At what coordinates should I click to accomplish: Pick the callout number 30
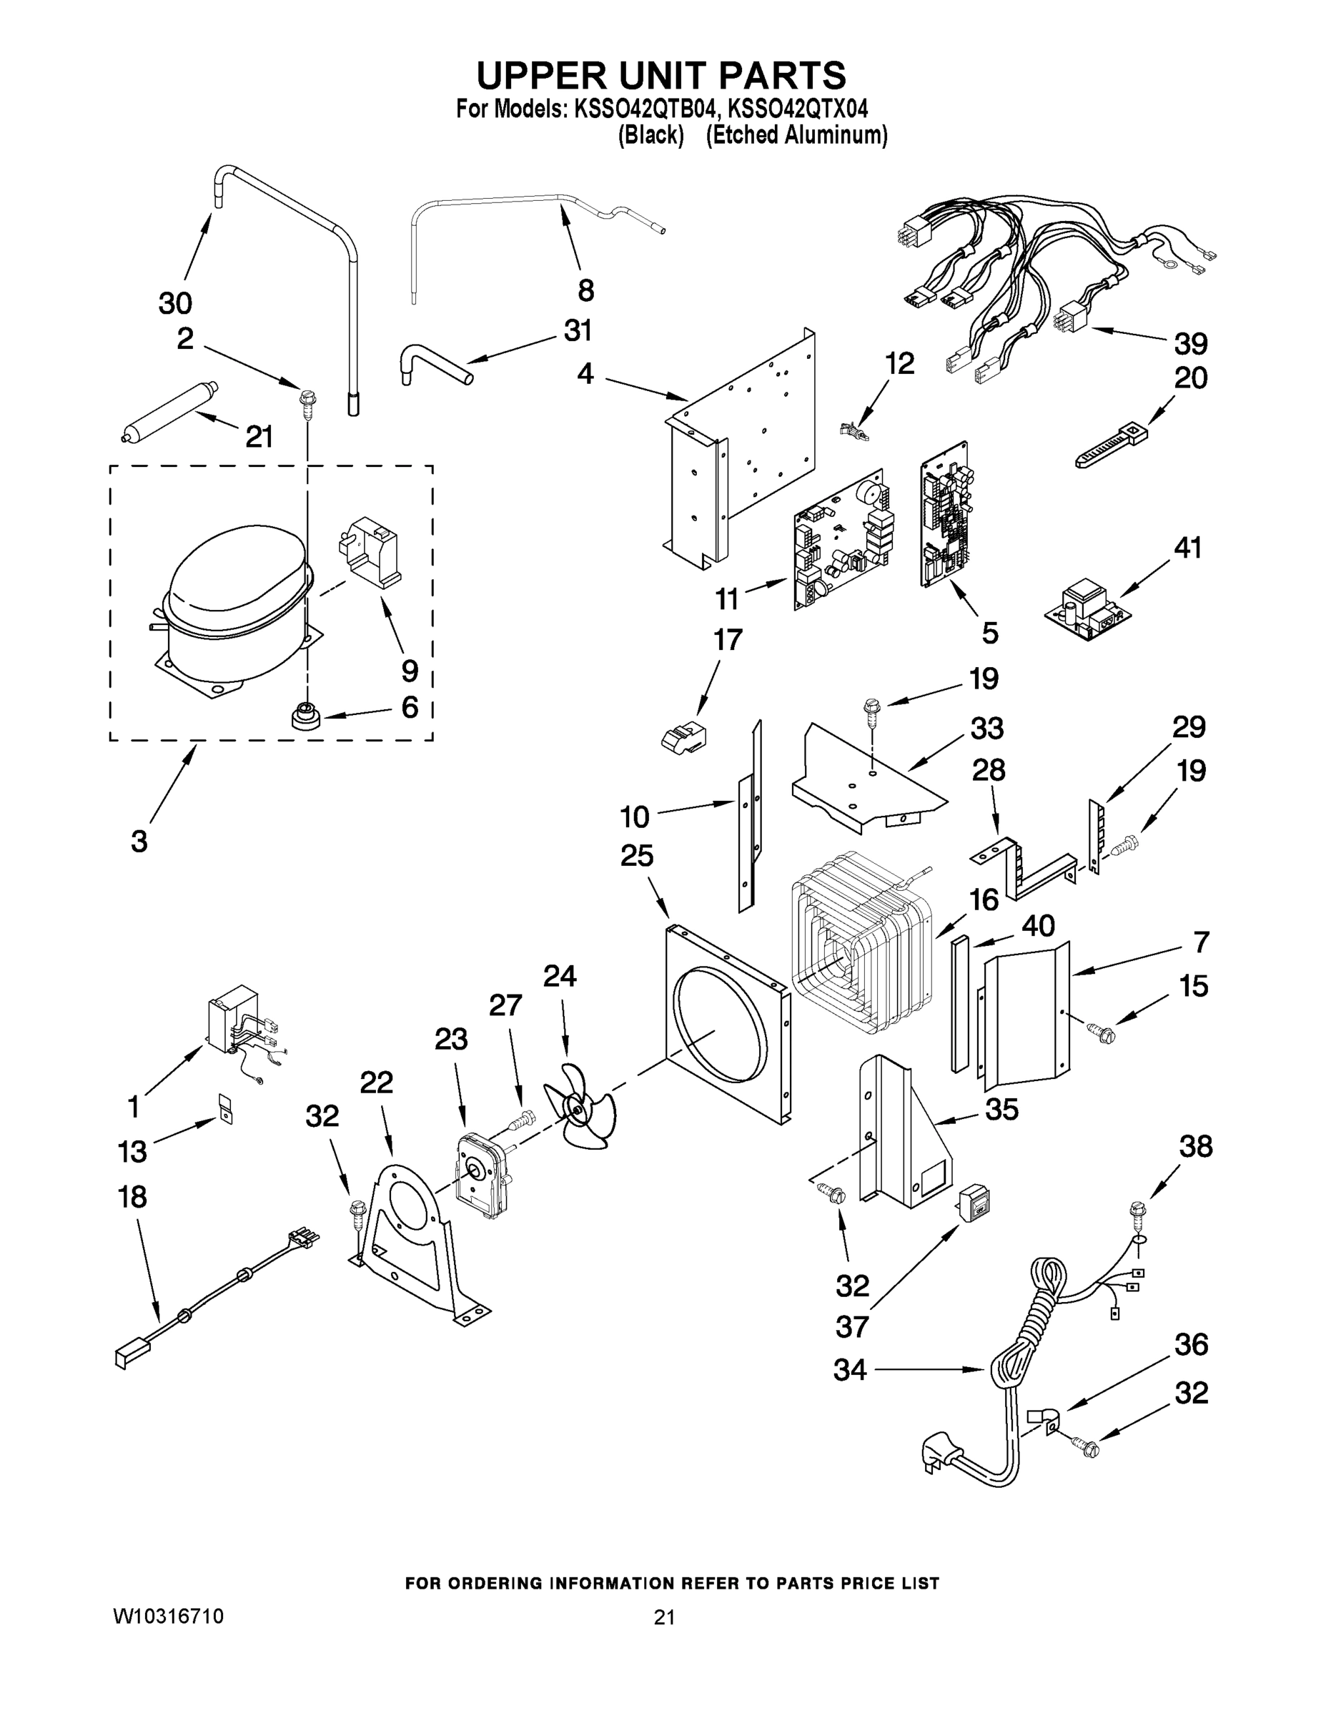pyautogui.click(x=175, y=302)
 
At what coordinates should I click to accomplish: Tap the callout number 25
pyautogui.click(x=636, y=856)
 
